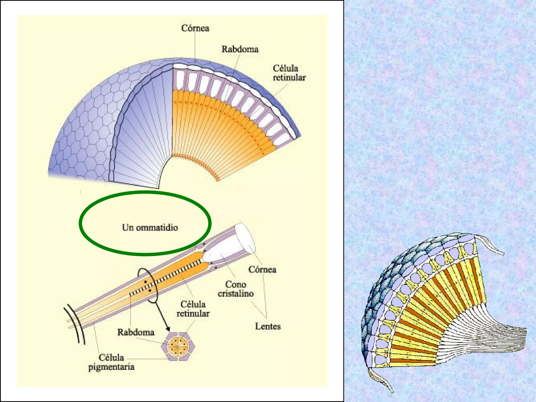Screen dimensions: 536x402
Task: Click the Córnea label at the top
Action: click(x=195, y=28)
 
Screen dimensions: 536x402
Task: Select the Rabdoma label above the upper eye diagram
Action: click(x=240, y=49)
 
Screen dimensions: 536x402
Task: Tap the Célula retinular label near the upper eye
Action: click(x=289, y=73)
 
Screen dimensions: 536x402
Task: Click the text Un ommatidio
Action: click(x=150, y=227)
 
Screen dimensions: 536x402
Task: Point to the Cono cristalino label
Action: click(x=236, y=289)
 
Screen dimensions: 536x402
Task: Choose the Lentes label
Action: click(x=268, y=326)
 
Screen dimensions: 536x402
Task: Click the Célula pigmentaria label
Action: click(x=111, y=362)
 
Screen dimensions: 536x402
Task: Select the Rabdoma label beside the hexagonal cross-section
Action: click(x=136, y=332)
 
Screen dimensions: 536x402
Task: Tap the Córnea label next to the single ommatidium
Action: click(x=262, y=269)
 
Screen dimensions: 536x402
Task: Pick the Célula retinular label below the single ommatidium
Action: click(x=193, y=309)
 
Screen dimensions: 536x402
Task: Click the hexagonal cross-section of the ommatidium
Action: click(x=178, y=347)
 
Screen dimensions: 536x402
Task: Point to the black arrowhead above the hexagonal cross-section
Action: click(x=167, y=328)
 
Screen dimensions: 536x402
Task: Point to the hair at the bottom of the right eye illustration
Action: click(x=381, y=379)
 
